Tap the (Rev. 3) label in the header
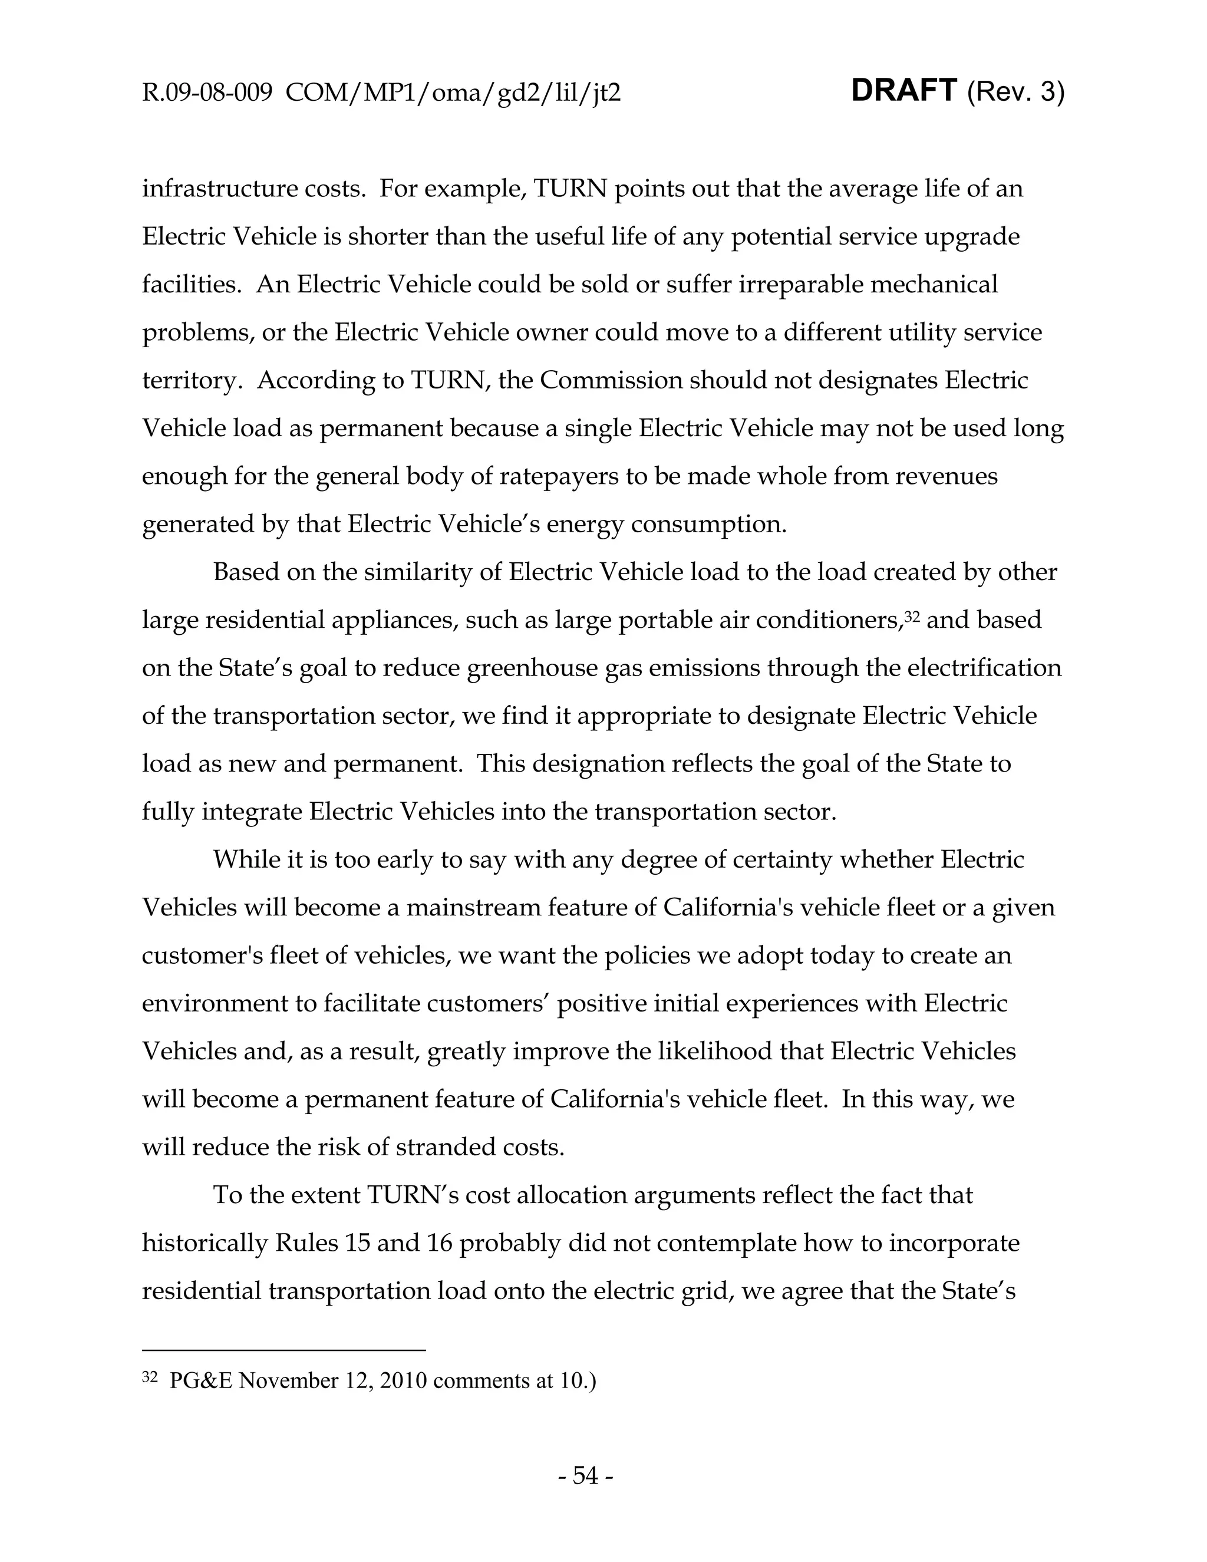click(1015, 93)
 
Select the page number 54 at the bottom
click(585, 1475)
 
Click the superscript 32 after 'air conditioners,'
click(911, 614)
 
